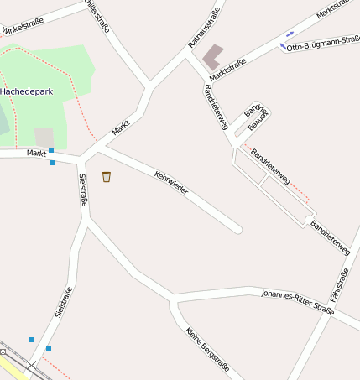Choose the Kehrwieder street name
pyautogui.click(x=171, y=184)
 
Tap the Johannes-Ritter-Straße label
pyautogui.click(x=297, y=303)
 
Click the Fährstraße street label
pyautogui.click(x=339, y=286)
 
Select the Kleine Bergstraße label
pyautogui.click(x=207, y=348)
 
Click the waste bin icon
pyautogui.click(x=107, y=176)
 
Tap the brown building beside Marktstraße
pyautogui.click(x=213, y=55)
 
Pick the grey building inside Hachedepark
pyautogui.click(x=44, y=137)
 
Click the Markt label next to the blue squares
pyautogui.click(x=36, y=153)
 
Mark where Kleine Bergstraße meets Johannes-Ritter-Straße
pyautogui.click(x=174, y=299)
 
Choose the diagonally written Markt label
pyautogui.click(x=122, y=128)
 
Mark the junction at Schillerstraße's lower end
pyautogui.click(x=150, y=85)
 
